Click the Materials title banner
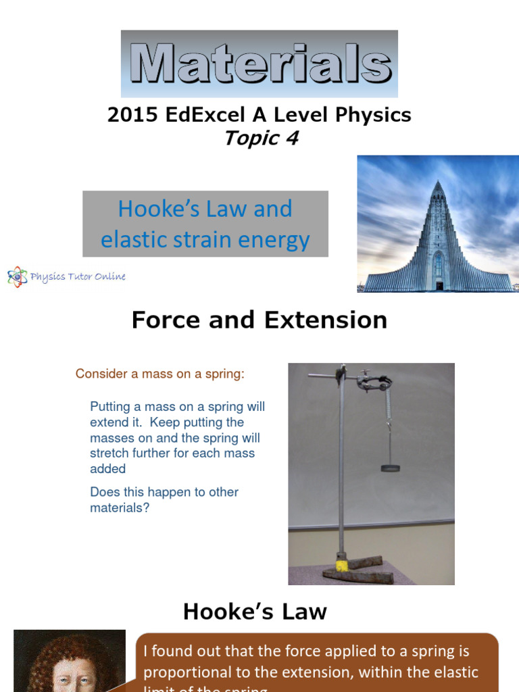coord(259,64)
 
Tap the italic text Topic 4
coord(261,138)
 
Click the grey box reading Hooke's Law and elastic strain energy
coord(205,224)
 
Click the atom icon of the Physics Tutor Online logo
coord(17,276)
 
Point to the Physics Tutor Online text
coord(78,276)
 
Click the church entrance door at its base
coord(439,285)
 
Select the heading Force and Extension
coord(259,320)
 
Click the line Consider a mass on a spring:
coord(159,374)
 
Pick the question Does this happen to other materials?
coord(164,500)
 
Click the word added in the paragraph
coord(107,469)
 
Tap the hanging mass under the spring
coord(390,467)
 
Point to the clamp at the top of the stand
coord(374,382)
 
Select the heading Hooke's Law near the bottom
coord(255,612)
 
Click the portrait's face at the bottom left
coord(68,679)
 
